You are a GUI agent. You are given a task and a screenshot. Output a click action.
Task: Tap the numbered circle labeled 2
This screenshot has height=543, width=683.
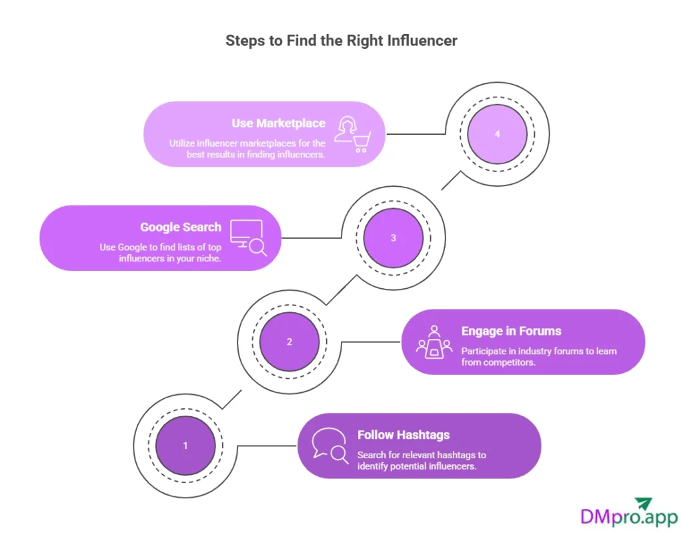(x=289, y=342)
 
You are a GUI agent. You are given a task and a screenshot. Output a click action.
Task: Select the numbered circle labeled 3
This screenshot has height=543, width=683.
(x=394, y=237)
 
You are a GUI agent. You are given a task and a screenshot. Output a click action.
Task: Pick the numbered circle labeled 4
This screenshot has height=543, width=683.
(x=498, y=133)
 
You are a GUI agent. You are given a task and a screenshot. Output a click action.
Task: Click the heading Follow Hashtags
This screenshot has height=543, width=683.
(x=404, y=435)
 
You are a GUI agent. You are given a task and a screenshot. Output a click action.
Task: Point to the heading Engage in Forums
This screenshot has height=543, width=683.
(x=512, y=331)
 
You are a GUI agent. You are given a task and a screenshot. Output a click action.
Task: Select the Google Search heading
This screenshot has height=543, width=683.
(x=181, y=227)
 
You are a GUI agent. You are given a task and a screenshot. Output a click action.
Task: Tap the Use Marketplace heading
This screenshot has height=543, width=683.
(x=279, y=123)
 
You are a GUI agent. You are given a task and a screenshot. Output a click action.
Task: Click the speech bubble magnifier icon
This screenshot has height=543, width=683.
(x=331, y=445)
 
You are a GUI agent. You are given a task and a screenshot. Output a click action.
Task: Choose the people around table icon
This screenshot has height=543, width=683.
(x=434, y=341)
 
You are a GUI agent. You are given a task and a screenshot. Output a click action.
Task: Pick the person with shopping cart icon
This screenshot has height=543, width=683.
(x=352, y=133)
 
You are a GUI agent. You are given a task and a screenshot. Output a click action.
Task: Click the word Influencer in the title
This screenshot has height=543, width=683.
(x=425, y=41)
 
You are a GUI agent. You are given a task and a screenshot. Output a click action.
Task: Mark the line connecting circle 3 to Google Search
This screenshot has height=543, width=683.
(x=312, y=237)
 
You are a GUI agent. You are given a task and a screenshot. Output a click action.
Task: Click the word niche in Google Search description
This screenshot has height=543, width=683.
(x=208, y=258)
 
